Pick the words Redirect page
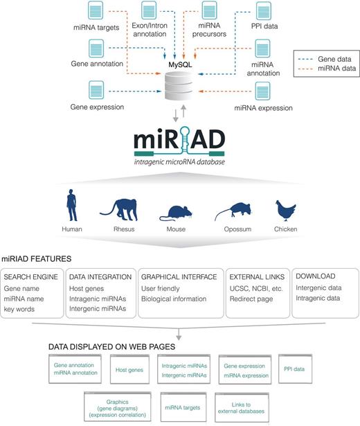click(251, 299)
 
